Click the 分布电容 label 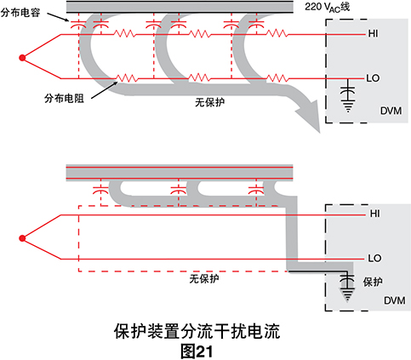coord(20,13)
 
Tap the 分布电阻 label coord(64,98)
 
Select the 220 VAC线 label coord(328,7)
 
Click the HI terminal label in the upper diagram coord(373,33)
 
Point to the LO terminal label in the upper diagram coord(373,78)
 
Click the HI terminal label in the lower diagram coord(374,214)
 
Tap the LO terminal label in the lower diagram coord(374,258)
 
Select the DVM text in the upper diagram coord(391,111)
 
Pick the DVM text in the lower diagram coord(395,300)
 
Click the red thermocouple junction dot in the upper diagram coord(22,58)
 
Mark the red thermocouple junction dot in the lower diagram coord(22,238)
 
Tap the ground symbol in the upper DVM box coord(348,106)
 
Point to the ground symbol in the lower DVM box coord(347,295)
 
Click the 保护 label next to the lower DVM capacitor coord(373,282)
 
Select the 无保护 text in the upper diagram coord(209,102)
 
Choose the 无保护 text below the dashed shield coord(204,279)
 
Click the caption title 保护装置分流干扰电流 coord(197,331)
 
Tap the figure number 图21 coord(197,351)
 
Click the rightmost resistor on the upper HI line coord(277,34)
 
